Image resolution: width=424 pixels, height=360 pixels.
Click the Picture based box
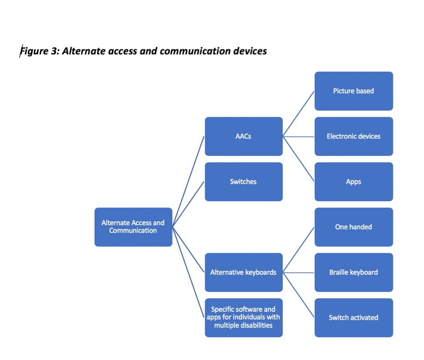(x=353, y=91)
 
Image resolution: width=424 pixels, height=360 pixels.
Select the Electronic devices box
(x=353, y=136)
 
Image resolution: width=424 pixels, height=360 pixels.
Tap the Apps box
(x=353, y=182)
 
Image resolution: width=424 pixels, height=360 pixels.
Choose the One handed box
(x=353, y=227)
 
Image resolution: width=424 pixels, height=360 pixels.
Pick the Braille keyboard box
(x=353, y=272)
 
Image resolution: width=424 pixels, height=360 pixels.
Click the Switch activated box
(x=353, y=317)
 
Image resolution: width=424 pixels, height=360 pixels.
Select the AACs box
(x=243, y=136)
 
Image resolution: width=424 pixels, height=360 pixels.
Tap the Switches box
(x=243, y=182)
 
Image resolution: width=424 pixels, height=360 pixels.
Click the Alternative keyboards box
(x=243, y=272)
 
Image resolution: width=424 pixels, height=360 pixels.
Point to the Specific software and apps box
(x=243, y=317)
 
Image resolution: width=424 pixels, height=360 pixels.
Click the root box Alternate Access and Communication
(x=133, y=227)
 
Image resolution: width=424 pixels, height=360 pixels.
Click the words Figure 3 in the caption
(x=39, y=51)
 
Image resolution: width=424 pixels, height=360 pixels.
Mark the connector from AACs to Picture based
(x=299, y=114)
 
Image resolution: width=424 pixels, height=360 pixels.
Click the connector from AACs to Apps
(x=299, y=159)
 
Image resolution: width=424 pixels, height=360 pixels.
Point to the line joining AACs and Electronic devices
(x=299, y=136)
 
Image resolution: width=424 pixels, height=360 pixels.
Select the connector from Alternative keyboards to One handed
(x=299, y=250)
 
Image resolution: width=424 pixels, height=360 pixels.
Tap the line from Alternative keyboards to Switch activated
(x=299, y=295)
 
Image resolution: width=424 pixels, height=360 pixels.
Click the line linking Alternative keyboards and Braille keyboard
(x=299, y=273)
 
